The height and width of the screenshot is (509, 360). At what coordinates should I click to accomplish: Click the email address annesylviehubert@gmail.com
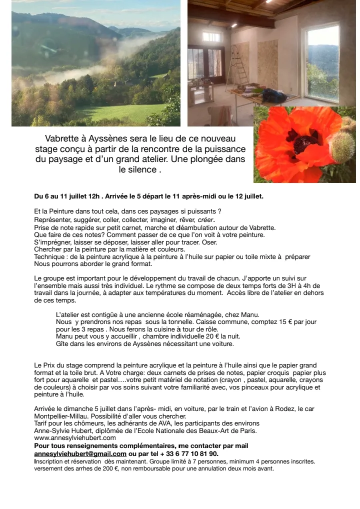pos(80,453)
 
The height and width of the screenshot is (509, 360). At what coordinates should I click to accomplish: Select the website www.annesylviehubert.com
pos(75,437)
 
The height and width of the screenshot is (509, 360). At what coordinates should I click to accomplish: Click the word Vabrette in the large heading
pos(64,138)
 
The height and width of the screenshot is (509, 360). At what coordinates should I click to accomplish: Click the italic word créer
pos(206,219)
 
